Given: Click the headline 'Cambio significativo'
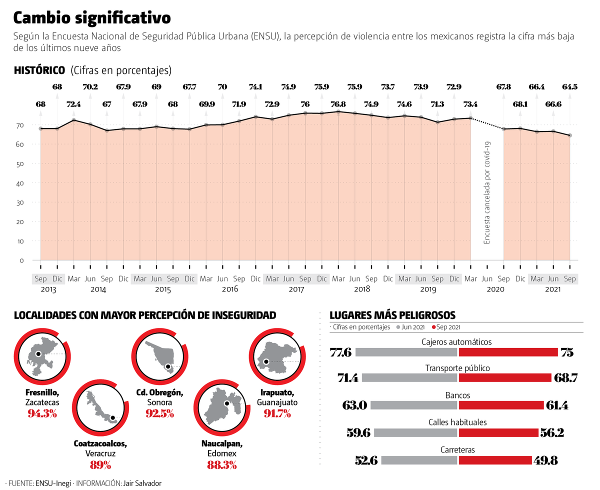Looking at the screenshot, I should (x=92, y=18).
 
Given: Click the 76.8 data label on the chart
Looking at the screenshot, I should (x=338, y=104).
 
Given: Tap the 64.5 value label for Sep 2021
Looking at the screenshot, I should (x=569, y=87).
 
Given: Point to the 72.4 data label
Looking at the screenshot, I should (x=73, y=104).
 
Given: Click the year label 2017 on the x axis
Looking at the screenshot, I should (x=296, y=289).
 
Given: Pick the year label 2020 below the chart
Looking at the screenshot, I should (x=495, y=289).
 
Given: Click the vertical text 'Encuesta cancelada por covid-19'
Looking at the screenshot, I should (x=487, y=193).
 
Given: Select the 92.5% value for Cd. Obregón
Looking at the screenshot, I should (x=160, y=413).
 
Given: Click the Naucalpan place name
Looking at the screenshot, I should (x=222, y=443).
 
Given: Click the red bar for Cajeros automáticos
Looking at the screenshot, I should (x=508, y=352).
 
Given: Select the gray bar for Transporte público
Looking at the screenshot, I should (x=409, y=378).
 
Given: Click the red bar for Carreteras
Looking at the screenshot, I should (x=495, y=460).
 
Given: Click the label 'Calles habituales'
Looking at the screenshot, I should (x=457, y=422).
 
